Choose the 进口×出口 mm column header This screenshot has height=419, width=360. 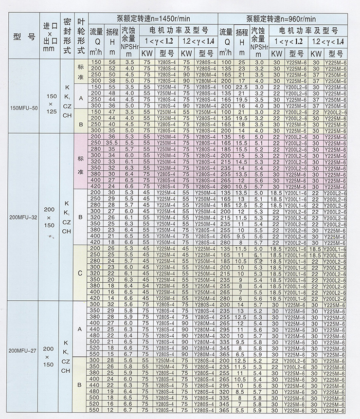50,37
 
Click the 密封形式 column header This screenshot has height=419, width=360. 66,37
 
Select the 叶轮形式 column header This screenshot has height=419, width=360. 80,37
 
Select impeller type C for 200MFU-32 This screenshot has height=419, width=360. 80,274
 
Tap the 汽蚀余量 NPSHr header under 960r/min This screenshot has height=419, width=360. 258,39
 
